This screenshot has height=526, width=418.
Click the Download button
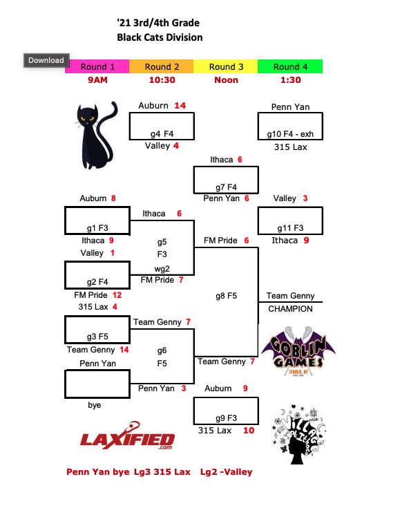click(46, 60)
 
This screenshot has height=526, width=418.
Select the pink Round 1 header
click(97, 67)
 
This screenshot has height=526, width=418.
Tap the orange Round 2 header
click(162, 67)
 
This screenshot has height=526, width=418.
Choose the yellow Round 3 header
click(226, 67)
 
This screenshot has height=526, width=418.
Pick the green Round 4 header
click(290, 67)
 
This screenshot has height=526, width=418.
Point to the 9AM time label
click(97, 80)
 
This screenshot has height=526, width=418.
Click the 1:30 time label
click(290, 80)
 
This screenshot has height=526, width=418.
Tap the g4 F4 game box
click(162, 126)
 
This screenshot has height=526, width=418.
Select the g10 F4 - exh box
click(289, 126)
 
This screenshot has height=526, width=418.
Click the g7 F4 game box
click(226, 180)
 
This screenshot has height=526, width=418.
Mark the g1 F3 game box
click(97, 220)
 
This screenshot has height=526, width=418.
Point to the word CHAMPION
click(290, 309)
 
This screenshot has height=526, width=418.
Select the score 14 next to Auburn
click(180, 106)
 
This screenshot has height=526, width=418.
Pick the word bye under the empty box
click(94, 405)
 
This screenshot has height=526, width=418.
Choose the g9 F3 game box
click(226, 412)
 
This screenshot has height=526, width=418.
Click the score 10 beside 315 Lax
click(249, 431)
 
